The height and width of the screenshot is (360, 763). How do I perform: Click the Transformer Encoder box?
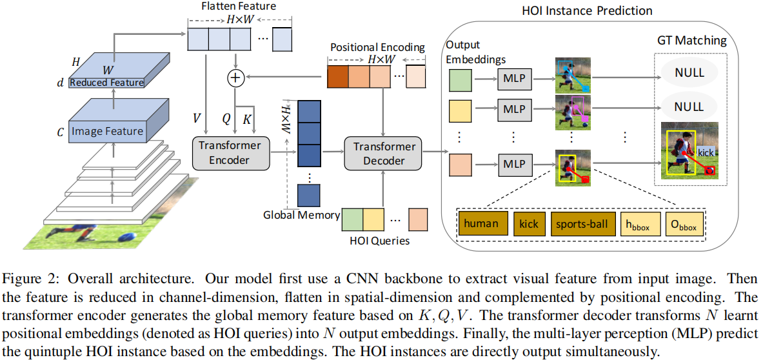[x=230, y=152]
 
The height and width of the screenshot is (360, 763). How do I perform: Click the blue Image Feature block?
[x=107, y=132]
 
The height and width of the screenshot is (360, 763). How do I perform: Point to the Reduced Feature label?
[x=106, y=83]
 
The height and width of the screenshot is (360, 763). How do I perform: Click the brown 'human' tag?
[x=481, y=224]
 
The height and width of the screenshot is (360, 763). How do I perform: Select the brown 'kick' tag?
[x=528, y=224]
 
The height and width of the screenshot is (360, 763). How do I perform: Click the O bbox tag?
[x=684, y=225]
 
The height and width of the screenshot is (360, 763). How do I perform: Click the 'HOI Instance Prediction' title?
[x=588, y=11]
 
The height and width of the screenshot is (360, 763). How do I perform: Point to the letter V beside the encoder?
[x=197, y=118]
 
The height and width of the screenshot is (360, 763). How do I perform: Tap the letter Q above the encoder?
[x=226, y=119]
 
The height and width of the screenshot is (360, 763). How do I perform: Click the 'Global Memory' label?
[x=302, y=215]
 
